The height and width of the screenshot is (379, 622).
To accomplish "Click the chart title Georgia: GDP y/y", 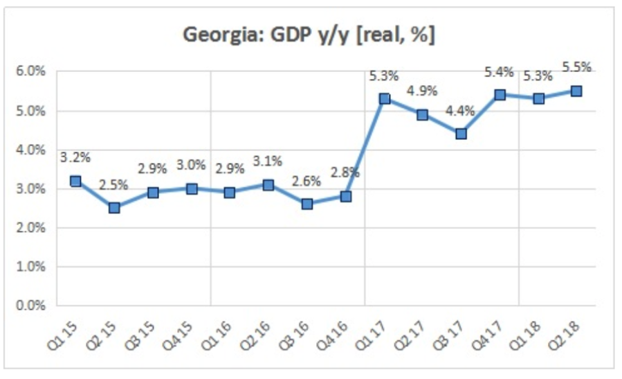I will [x=309, y=35].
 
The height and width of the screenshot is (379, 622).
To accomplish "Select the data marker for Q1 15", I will [x=75, y=182].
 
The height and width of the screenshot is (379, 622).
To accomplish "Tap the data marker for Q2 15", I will [x=114, y=207].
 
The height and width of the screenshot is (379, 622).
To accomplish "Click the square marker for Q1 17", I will [x=385, y=99].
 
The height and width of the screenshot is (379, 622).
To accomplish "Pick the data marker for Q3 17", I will [x=461, y=134].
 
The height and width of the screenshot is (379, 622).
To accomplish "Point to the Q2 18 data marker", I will [x=576, y=91].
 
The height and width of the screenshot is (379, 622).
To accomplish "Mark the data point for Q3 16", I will [x=307, y=204].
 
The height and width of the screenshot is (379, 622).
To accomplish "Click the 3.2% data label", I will [x=75, y=157].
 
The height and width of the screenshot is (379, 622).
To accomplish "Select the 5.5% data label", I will [x=576, y=67].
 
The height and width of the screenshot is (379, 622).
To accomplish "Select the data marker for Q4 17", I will [x=500, y=95].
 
